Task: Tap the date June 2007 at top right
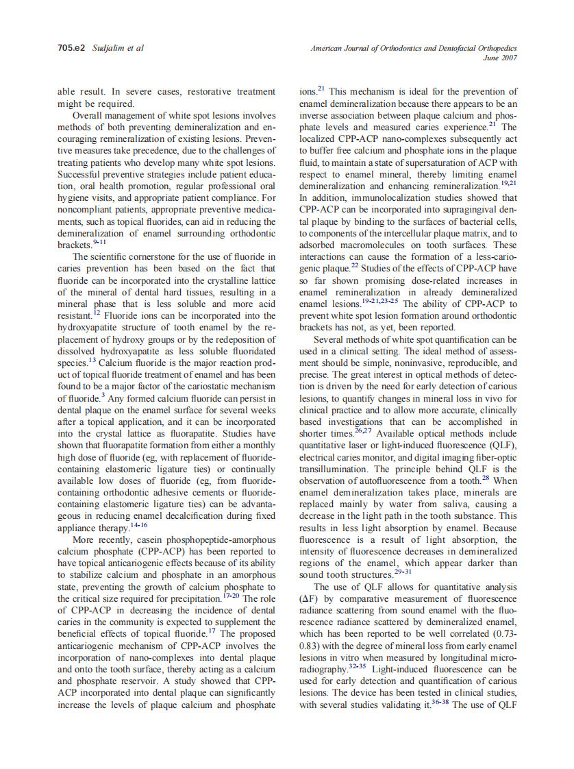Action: pos(500,58)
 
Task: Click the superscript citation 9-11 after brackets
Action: pos(101,242)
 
